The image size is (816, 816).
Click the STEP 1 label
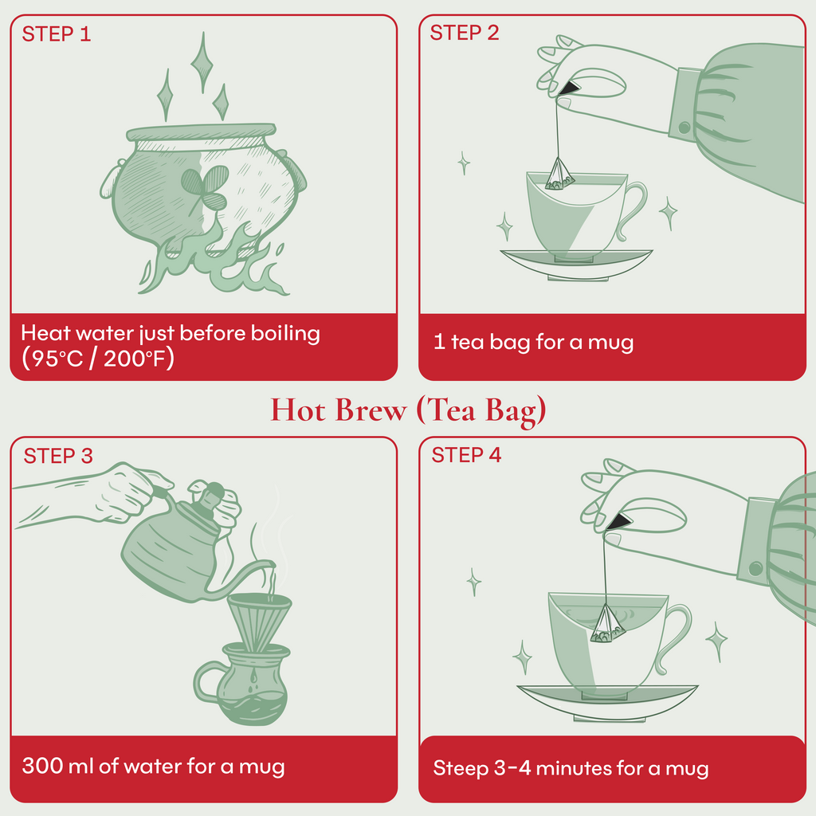56,34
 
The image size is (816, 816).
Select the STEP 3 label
57,456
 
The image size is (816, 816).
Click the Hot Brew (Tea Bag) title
408,410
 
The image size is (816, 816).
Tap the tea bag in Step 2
560,175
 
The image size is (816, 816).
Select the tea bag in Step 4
607,624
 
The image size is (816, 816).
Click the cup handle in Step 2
634,209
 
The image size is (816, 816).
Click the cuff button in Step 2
684,127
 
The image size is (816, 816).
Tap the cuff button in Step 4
755,568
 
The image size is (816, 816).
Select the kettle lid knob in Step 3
210,496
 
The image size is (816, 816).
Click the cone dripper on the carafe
259,617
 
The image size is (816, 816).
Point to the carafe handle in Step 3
206,684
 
